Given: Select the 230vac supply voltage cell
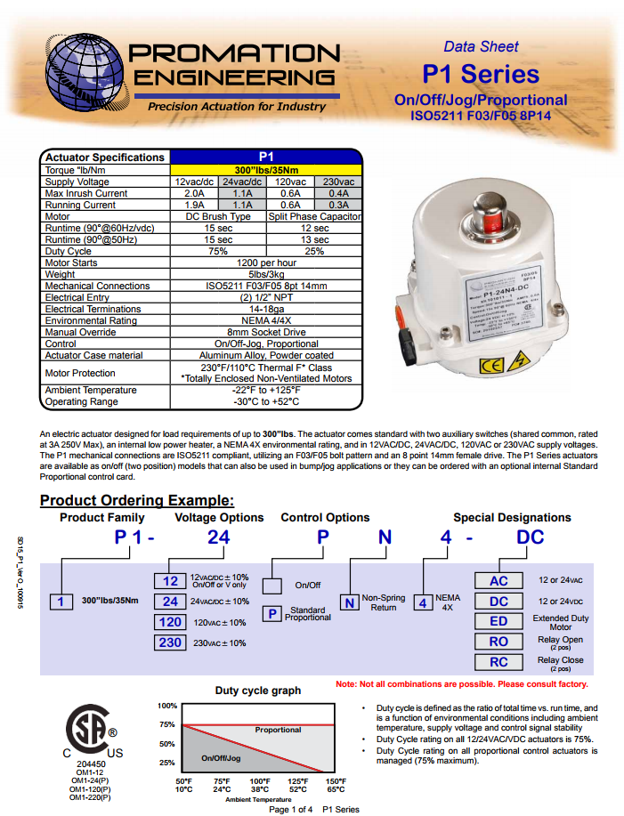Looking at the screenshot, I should (x=337, y=182).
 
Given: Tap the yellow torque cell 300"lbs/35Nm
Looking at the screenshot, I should (x=266, y=169).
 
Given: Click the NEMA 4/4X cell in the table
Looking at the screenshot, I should (x=266, y=320).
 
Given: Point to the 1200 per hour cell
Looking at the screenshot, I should (x=266, y=263).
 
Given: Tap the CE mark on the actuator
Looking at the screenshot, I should (x=492, y=366).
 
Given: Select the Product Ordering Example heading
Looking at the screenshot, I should (x=137, y=500).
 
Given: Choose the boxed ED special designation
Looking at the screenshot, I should (x=499, y=621).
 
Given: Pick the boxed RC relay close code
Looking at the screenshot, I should (x=499, y=662).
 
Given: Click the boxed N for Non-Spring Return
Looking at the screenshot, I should (x=349, y=602).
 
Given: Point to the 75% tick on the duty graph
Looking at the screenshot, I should (x=167, y=724).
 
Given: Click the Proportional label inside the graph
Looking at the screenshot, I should (x=278, y=730).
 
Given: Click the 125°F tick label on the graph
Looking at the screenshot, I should (x=298, y=780).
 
